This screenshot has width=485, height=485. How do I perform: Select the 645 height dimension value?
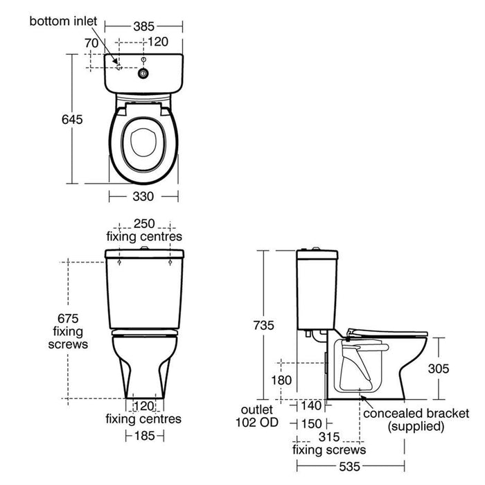point(71,119)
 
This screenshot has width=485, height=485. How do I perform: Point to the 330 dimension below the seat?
point(143,197)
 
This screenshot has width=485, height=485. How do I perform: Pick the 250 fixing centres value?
point(143,224)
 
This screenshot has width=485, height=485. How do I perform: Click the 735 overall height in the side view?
point(265,325)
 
